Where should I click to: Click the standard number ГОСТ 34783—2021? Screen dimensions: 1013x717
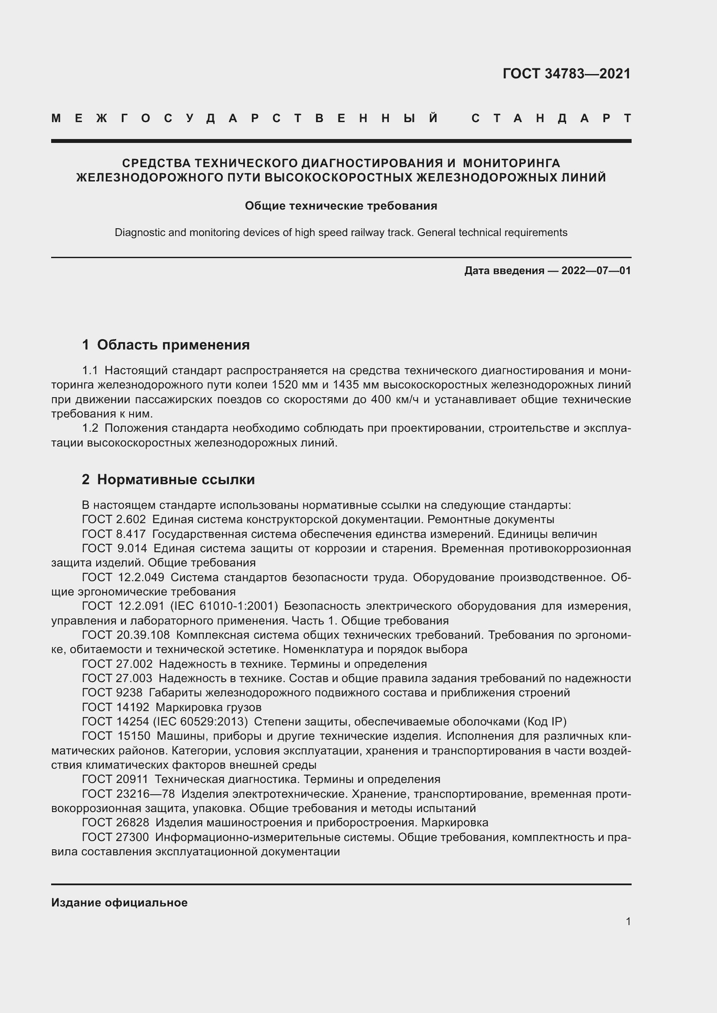click(567, 74)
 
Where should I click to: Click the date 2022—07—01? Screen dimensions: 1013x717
click(596, 270)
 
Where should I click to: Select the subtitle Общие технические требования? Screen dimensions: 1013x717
click(341, 206)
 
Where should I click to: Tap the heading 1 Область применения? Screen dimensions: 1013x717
click(166, 345)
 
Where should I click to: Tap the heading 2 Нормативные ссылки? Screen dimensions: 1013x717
click(168, 479)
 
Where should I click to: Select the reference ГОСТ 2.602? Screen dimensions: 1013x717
click(114, 519)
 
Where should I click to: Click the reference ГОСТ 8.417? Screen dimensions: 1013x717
click(114, 534)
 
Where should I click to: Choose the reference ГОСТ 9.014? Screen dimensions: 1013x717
click(114, 548)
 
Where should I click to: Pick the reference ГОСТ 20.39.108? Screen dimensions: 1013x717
click(126, 635)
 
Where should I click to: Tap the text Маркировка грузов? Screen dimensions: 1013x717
click(209, 707)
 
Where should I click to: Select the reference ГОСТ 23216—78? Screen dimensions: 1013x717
click(128, 794)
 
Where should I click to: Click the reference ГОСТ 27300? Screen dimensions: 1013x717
click(116, 837)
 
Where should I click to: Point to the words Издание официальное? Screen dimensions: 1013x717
click(119, 903)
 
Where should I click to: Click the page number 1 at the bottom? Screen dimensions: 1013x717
click(628, 922)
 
